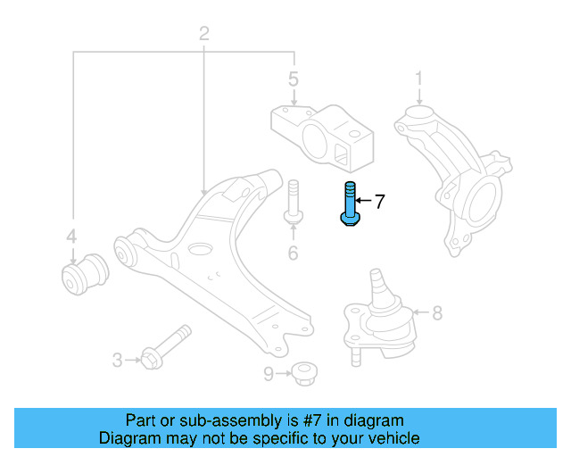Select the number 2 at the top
point(203,35)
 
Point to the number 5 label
point(292,80)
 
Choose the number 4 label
point(71,237)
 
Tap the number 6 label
point(292,254)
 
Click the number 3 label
point(117,361)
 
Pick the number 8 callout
point(436,313)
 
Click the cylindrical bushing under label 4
point(86,273)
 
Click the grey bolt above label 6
point(292,204)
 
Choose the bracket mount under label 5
point(322,136)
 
